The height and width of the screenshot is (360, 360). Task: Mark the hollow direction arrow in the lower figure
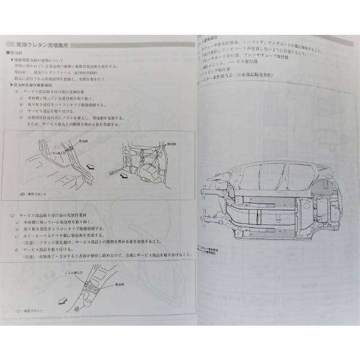[64, 298]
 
